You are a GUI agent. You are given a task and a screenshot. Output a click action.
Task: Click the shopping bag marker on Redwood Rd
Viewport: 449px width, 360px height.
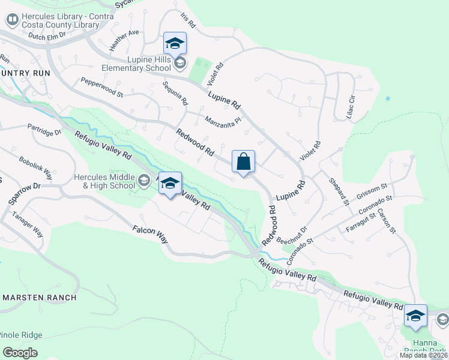point(243,162)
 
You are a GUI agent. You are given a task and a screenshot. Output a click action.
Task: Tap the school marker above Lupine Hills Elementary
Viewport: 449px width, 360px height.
point(175,44)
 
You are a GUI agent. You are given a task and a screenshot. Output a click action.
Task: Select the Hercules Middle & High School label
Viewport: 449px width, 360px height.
point(104,181)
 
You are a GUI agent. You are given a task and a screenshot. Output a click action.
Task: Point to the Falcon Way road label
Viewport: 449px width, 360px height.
point(150,235)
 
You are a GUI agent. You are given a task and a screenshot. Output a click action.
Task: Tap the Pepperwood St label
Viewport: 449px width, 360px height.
point(101,88)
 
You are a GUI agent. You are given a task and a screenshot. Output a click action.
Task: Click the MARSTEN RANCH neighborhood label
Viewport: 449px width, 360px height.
point(40,298)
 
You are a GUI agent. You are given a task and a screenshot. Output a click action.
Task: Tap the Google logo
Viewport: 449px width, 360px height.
point(20,353)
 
